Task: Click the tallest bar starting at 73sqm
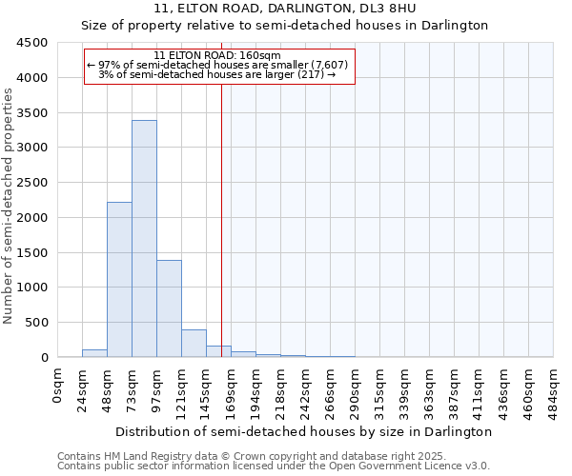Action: coord(144,238)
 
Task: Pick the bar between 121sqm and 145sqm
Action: coord(194,344)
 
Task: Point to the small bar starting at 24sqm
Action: coord(94,353)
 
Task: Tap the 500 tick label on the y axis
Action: coord(36,323)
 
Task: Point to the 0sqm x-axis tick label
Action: coord(58,385)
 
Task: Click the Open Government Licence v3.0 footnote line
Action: coord(273,466)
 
